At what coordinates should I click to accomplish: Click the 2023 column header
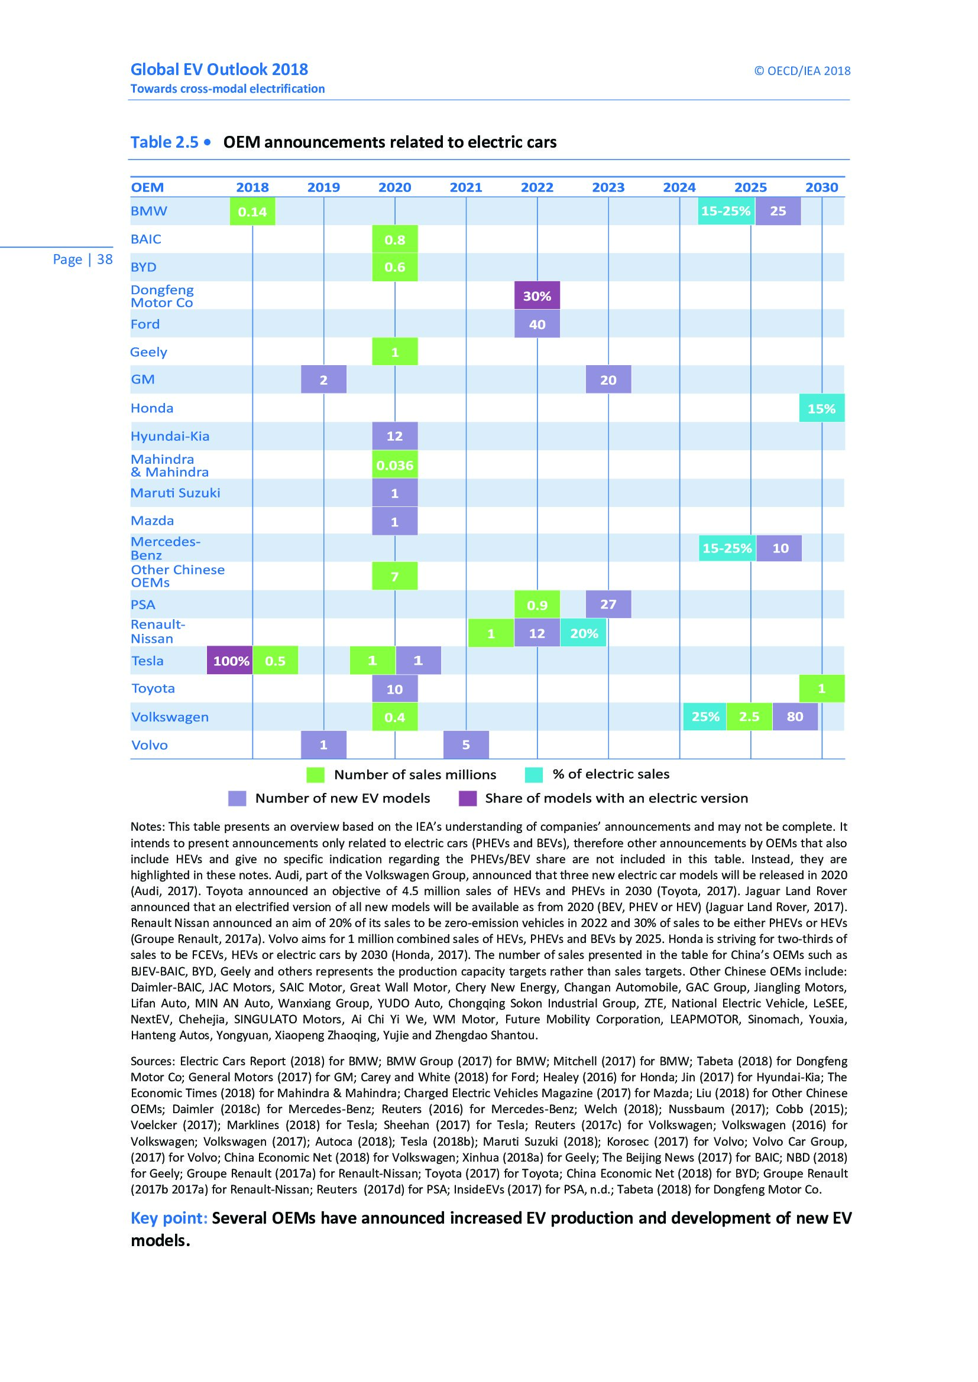point(608,187)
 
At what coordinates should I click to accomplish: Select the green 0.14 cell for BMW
point(252,212)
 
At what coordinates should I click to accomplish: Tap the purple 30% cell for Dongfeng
point(536,295)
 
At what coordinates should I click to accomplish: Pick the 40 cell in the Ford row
point(536,324)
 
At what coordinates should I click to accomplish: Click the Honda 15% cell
point(821,409)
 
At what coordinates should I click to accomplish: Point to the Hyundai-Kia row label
point(170,436)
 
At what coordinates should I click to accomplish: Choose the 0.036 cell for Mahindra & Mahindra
point(394,465)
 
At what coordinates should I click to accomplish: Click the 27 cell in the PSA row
point(608,604)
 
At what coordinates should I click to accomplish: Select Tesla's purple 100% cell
point(230,661)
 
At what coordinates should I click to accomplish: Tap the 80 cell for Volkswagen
point(795,716)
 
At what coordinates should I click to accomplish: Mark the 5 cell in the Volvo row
point(465,744)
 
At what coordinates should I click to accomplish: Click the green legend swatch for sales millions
point(315,775)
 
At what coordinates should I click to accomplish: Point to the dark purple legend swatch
point(467,798)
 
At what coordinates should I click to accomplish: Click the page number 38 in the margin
point(104,259)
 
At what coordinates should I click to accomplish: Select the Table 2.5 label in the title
point(164,142)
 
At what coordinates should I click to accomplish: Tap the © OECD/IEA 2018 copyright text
point(802,71)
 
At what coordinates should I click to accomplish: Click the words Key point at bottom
point(169,1218)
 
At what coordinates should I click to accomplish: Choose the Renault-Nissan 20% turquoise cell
point(584,633)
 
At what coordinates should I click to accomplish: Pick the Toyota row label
point(153,688)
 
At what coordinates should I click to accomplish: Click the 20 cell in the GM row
point(608,380)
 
